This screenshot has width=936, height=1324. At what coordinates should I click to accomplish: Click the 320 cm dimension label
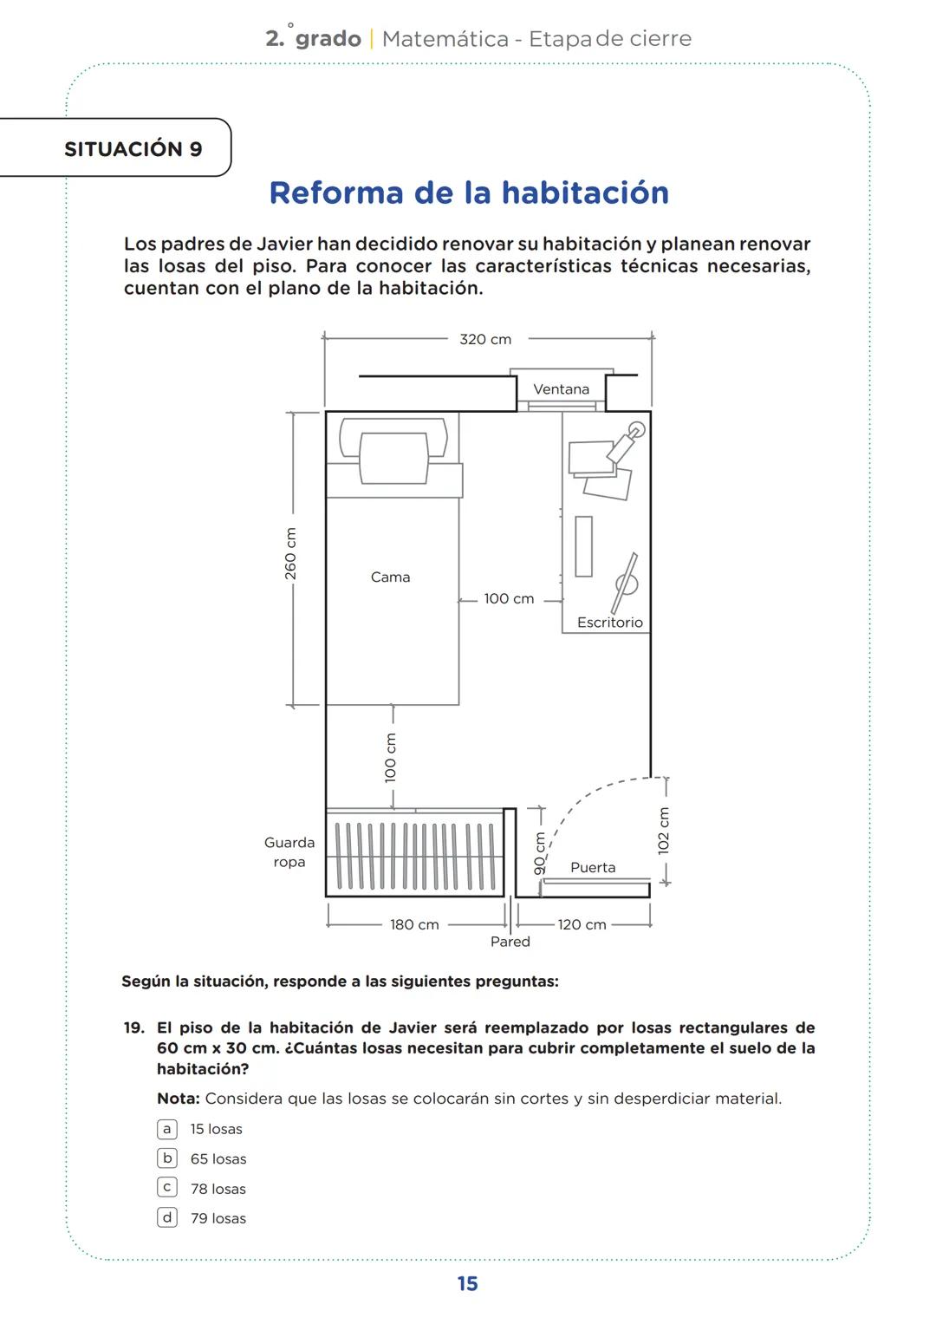[x=485, y=339]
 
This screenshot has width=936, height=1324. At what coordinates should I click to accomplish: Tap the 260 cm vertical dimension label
[x=291, y=553]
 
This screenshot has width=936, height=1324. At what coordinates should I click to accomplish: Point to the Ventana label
[x=561, y=389]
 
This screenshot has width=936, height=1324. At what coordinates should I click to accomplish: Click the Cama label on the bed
[x=390, y=577]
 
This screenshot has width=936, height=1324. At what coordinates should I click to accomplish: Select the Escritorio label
[x=609, y=622]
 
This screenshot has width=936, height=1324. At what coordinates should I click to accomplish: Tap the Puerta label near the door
[x=593, y=867]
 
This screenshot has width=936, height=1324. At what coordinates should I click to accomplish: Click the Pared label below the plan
[x=510, y=942]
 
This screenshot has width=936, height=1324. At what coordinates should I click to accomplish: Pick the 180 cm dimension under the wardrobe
[x=414, y=924]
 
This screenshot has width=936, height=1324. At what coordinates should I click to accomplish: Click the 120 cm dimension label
[x=582, y=924]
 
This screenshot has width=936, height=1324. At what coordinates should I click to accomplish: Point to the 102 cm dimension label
[x=664, y=831]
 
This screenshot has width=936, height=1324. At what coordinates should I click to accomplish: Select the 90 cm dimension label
[x=539, y=853]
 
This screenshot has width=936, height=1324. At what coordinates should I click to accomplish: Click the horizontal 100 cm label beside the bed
[x=509, y=598]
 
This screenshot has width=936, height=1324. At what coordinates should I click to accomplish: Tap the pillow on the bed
[x=393, y=457]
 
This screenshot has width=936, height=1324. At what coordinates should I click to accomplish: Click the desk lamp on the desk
[x=627, y=442]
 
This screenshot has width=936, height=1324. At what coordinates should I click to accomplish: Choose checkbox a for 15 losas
[x=167, y=1129]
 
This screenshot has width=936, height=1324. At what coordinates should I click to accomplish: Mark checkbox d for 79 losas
[x=167, y=1217]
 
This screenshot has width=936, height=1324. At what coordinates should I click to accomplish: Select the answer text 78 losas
[x=218, y=1189]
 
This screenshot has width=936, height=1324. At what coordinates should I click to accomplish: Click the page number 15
[x=467, y=1284]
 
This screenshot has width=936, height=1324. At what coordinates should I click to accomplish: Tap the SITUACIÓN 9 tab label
[x=133, y=149]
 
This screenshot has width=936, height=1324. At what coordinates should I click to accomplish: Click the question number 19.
[x=133, y=1027]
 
